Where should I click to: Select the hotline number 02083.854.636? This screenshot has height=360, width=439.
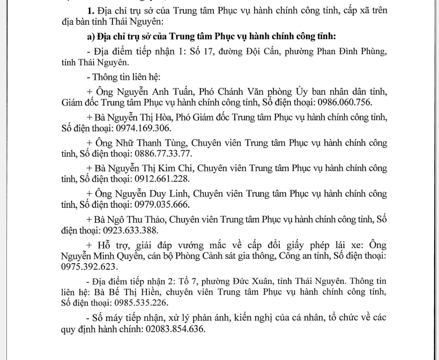click(177, 329)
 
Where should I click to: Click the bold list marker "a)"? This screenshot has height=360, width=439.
click(91, 36)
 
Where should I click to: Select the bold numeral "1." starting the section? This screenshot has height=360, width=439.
click(90, 11)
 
